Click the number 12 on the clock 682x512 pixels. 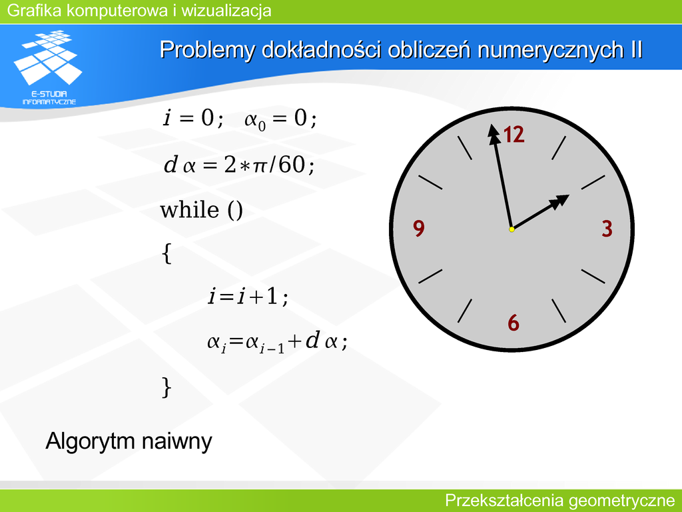(513, 134)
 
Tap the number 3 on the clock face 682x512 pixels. (607, 229)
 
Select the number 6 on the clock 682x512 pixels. (513, 323)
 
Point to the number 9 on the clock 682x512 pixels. (418, 228)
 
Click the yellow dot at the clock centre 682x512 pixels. (512, 229)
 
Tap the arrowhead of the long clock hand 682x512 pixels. (494, 133)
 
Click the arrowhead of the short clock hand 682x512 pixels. (559, 201)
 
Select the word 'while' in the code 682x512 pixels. (189, 210)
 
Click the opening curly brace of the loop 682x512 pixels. (167, 253)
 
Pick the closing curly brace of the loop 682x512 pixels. (167, 387)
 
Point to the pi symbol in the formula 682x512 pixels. (259, 166)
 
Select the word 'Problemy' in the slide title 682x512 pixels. (207, 50)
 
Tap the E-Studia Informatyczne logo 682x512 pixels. (48, 67)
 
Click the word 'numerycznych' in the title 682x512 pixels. (551, 50)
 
